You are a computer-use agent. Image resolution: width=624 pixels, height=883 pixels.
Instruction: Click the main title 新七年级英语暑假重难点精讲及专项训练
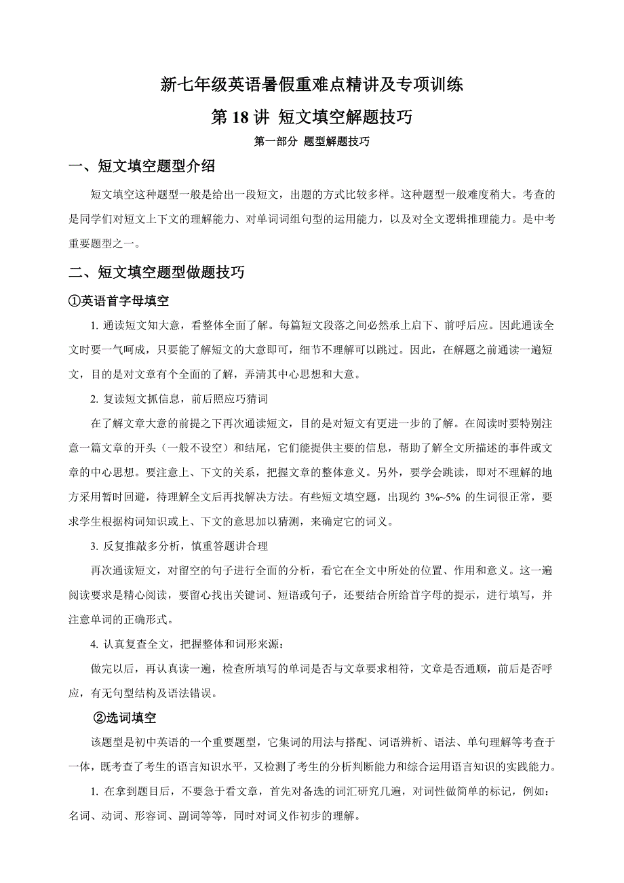click(311, 85)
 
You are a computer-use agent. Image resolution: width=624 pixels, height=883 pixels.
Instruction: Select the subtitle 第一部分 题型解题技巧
click(311, 142)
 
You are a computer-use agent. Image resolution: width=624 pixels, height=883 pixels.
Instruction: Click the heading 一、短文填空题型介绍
click(142, 166)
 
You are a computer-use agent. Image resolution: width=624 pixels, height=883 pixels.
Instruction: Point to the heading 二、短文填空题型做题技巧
click(157, 273)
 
